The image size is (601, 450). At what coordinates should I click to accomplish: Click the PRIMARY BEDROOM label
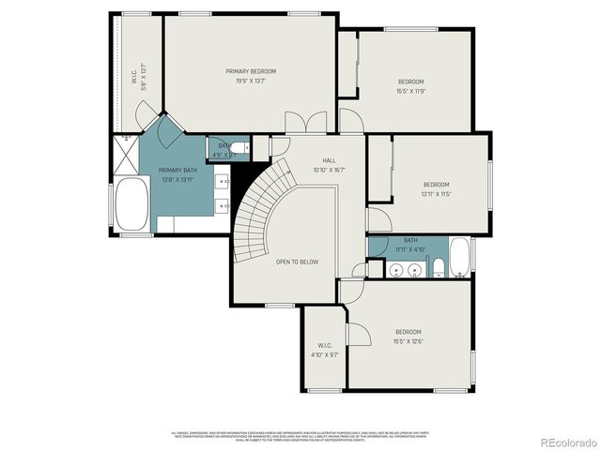click(251, 71)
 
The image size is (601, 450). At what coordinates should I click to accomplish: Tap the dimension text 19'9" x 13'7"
click(251, 81)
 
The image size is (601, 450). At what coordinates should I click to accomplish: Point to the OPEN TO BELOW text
click(297, 262)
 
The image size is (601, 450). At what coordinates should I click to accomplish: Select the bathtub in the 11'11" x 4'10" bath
click(459, 258)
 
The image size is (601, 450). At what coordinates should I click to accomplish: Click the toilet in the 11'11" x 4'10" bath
click(438, 270)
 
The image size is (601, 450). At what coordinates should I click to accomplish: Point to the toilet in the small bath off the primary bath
click(240, 146)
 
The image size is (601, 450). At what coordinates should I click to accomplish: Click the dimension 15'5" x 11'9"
click(411, 91)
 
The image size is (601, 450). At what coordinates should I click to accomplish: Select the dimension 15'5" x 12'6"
click(408, 340)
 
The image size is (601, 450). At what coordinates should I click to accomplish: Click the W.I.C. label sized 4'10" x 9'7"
click(325, 351)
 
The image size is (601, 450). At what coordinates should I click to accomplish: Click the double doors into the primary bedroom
click(307, 123)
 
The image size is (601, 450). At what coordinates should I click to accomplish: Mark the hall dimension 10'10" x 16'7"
click(330, 171)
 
